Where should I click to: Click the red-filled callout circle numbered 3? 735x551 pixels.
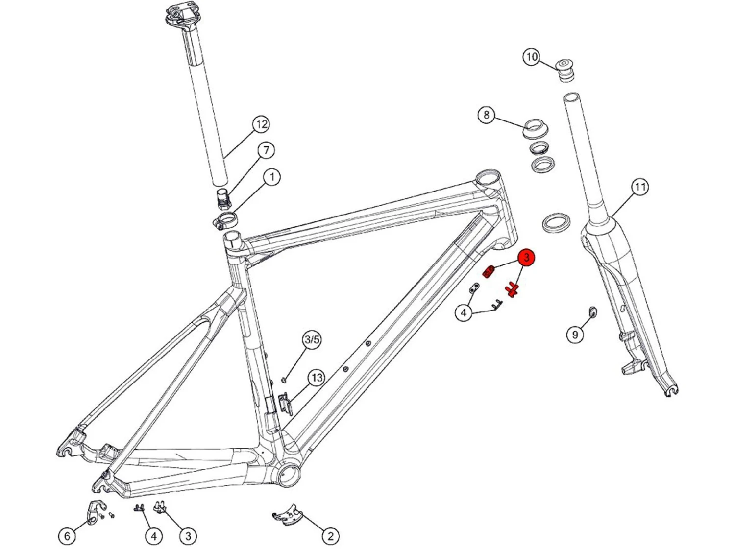point(526,257)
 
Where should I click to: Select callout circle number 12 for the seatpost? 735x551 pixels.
point(261,124)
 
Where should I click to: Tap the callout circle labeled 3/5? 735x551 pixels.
point(312,339)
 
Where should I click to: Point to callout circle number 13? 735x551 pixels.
point(317,378)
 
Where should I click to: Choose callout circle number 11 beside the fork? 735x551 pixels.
point(640,187)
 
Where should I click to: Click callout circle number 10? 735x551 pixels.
point(532,57)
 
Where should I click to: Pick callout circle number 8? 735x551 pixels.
point(486,115)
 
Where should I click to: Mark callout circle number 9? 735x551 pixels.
point(575,334)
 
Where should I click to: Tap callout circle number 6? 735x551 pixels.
point(67,536)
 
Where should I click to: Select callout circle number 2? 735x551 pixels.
point(330,536)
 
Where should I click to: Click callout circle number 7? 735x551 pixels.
point(266,150)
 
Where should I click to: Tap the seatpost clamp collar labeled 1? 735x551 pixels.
point(225,219)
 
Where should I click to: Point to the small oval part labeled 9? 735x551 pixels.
point(592,311)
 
